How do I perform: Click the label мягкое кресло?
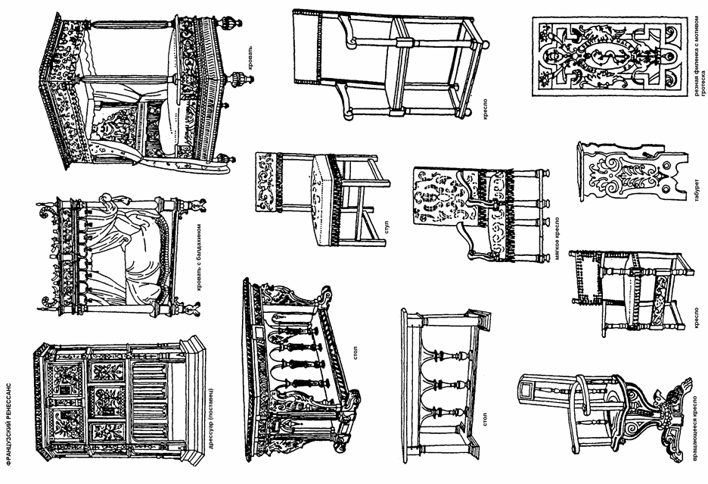click(557, 254)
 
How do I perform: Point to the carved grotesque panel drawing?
click(605, 58)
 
